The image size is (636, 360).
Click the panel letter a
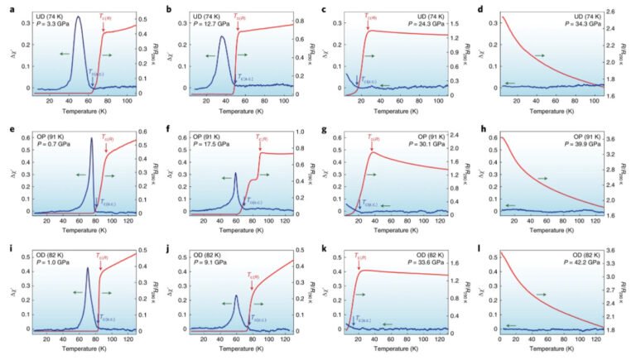(7, 9)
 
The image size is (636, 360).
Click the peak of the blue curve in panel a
(78, 17)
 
